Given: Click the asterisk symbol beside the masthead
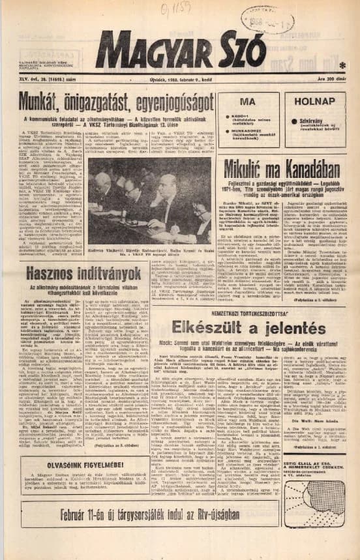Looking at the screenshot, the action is pyautogui.click(x=342, y=65).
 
